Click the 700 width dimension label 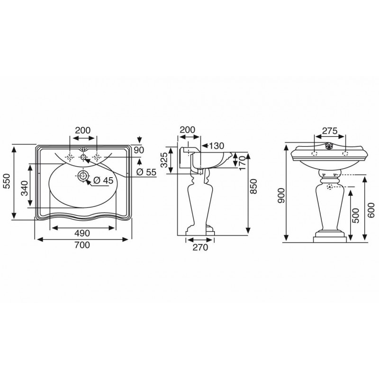pyautogui.click(x=82, y=245)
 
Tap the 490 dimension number pyautogui.click(x=82, y=233)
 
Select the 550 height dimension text pyautogui.click(x=7, y=181)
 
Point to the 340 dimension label pyautogui.click(x=24, y=188)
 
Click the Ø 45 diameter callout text pyautogui.click(x=103, y=180)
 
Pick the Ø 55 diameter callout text pyautogui.click(x=146, y=172)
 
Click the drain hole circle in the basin pyautogui.click(x=83, y=176)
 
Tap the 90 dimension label pyautogui.click(x=139, y=150)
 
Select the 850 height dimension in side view pyautogui.click(x=253, y=186)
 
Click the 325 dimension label pyautogui.click(x=164, y=160)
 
